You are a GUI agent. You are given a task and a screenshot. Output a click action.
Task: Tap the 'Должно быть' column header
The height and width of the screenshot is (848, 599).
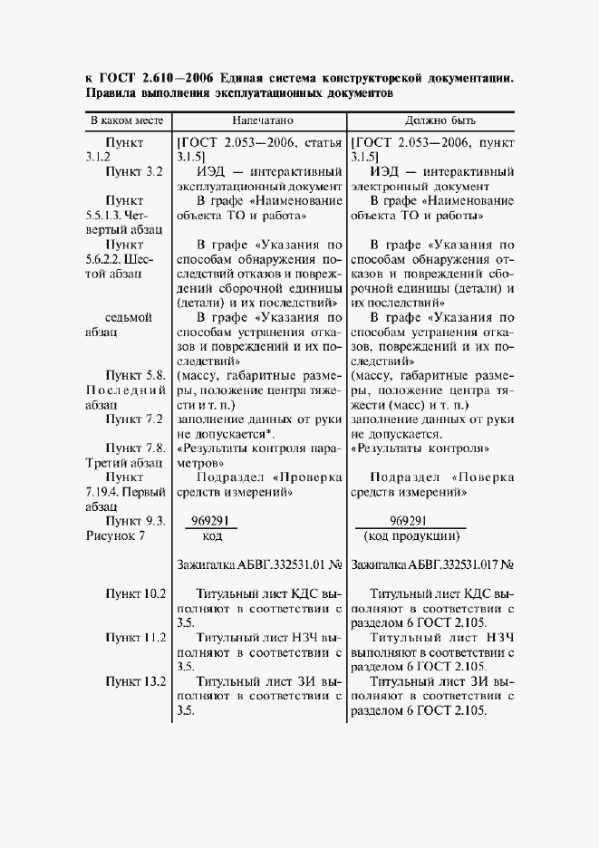tap(432, 120)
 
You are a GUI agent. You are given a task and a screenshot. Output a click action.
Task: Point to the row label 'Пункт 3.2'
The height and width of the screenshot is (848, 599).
tap(133, 170)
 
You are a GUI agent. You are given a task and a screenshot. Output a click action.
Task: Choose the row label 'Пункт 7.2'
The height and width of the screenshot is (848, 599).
tap(133, 419)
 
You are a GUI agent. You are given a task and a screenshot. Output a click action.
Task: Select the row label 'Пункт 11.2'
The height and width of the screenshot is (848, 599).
tap(135, 637)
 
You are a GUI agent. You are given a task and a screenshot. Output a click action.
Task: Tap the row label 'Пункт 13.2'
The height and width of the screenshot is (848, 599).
tap(135, 681)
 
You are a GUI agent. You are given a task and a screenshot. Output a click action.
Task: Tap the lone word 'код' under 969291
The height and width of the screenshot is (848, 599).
tap(212, 536)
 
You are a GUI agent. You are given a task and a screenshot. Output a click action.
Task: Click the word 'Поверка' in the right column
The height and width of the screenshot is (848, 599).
tap(485, 477)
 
